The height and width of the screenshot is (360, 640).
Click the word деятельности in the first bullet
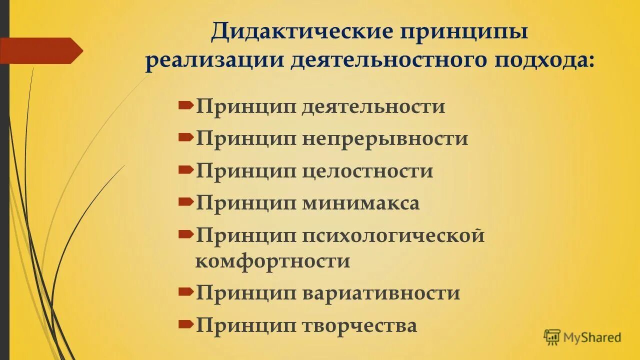(x=373, y=106)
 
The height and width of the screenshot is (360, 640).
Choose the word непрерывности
(x=384, y=138)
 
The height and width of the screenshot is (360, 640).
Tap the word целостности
(x=367, y=171)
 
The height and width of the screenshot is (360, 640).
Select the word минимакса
(x=360, y=203)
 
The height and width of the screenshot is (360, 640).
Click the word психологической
(x=393, y=235)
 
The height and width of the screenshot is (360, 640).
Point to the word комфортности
(x=272, y=261)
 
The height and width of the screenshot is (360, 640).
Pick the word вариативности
(x=380, y=293)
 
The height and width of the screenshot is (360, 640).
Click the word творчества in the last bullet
(x=359, y=325)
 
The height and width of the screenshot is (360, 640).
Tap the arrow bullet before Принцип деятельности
(x=185, y=105)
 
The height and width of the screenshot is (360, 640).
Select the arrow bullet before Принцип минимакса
(x=185, y=201)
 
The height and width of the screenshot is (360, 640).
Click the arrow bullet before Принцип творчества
(x=185, y=324)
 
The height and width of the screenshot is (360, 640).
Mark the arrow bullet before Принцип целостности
(x=185, y=169)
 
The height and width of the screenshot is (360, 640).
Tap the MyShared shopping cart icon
(x=552, y=337)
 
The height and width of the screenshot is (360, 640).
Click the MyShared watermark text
(x=592, y=337)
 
